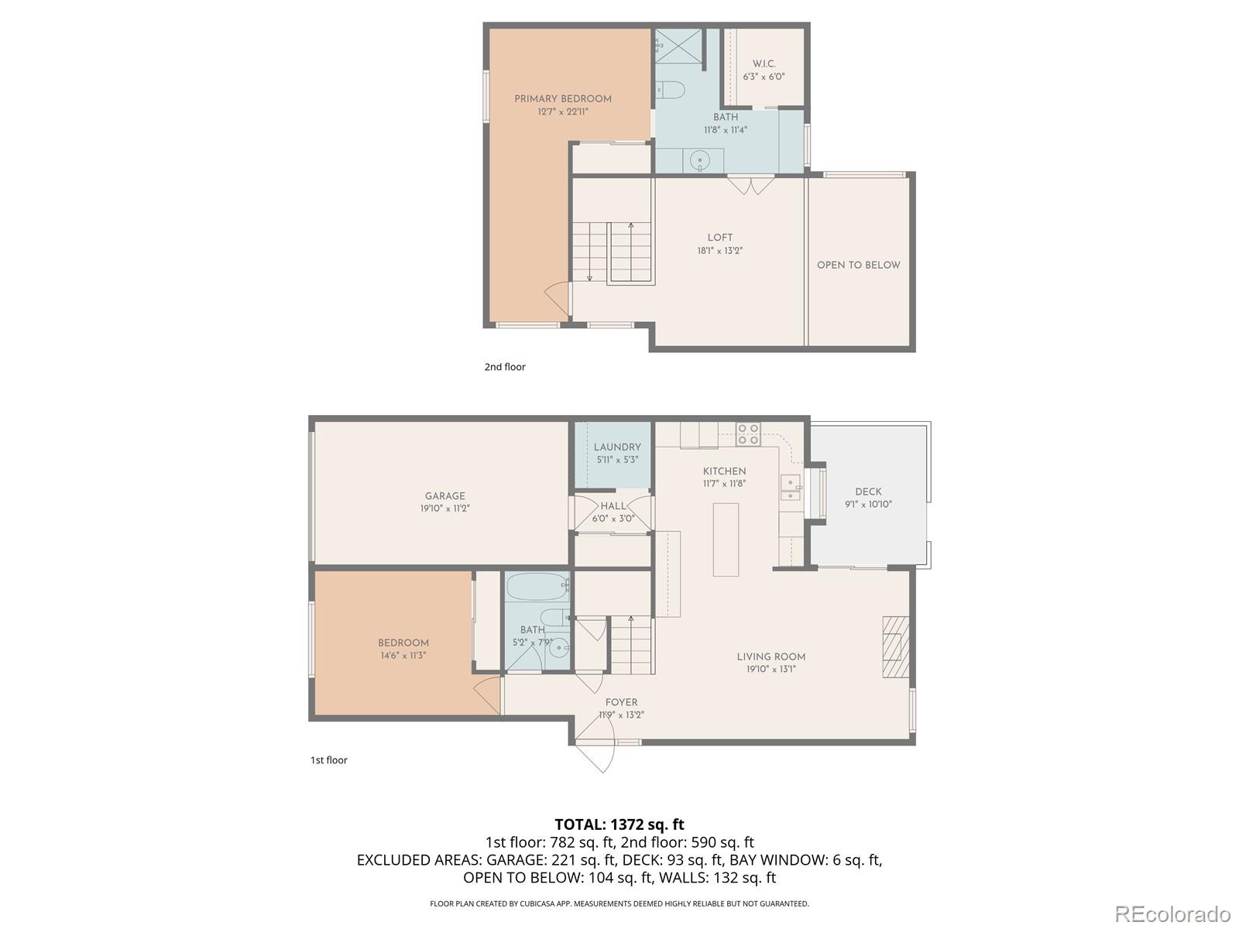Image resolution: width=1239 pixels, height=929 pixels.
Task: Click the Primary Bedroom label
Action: click(563, 99)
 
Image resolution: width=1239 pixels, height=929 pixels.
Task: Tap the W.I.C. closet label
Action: click(764, 64)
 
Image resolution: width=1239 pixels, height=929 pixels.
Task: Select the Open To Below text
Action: click(858, 265)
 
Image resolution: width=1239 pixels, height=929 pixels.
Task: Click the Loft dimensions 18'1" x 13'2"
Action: click(719, 251)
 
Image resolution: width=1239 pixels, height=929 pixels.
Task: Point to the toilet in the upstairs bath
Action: click(671, 91)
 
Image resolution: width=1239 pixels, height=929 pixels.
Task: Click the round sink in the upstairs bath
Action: click(699, 162)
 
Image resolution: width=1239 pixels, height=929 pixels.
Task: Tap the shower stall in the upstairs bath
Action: click(679, 45)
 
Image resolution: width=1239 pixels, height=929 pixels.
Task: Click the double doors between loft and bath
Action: click(750, 186)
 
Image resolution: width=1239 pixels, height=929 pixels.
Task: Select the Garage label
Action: click(444, 496)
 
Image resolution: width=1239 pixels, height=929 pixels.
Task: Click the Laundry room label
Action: click(617, 447)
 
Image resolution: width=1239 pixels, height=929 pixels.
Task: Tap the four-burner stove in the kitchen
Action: click(748, 434)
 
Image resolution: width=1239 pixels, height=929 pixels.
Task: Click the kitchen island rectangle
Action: click(726, 540)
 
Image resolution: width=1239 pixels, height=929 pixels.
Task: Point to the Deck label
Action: click(868, 492)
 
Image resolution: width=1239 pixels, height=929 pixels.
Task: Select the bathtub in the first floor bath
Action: click(537, 588)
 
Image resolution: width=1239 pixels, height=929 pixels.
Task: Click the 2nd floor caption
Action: click(505, 367)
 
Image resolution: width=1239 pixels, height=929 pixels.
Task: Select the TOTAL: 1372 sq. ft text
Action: click(619, 824)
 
